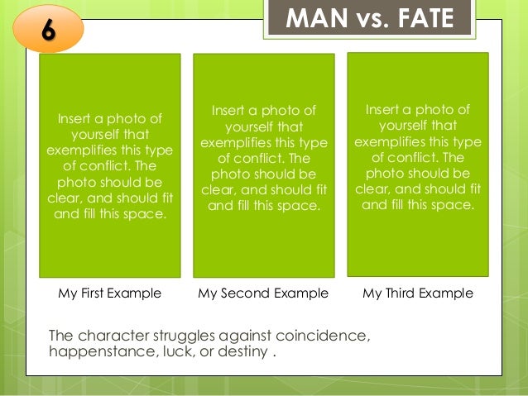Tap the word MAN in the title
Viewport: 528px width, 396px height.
click(310, 17)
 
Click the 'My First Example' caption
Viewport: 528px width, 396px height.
click(109, 293)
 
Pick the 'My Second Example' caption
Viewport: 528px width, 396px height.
click(263, 293)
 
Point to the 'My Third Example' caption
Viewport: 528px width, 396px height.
click(418, 293)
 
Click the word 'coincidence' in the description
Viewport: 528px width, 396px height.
click(326, 336)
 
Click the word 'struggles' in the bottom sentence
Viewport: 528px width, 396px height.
click(178, 336)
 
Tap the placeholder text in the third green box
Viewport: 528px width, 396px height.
click(418, 157)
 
